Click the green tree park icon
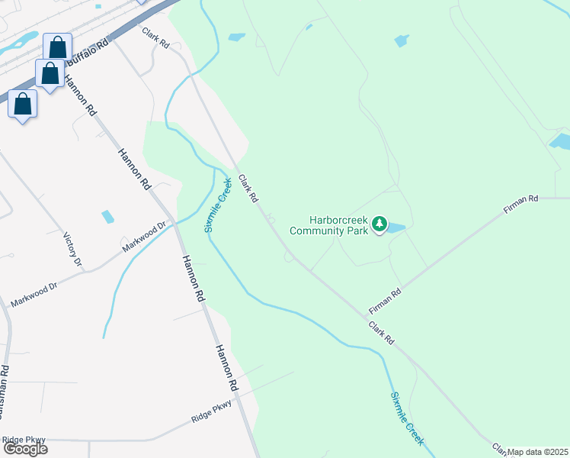[x=379, y=225]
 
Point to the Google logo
[x=24, y=448]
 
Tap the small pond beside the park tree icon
[x=396, y=227]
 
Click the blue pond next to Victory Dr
[x=107, y=217]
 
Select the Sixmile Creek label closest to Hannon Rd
[x=218, y=205]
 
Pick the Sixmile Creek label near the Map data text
[x=407, y=419]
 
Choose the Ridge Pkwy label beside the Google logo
[x=24, y=440]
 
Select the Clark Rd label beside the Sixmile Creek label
[x=248, y=189]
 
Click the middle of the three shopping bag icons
[x=50, y=74]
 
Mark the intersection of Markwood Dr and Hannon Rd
[x=175, y=223]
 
